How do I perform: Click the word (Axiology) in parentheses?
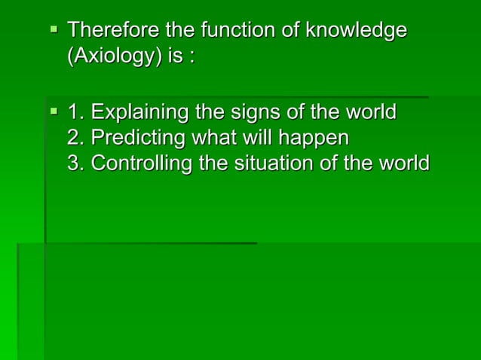pos(114,57)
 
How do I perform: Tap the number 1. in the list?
pos(76,114)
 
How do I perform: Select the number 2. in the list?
pos(76,139)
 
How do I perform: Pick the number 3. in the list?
pos(76,163)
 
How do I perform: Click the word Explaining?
pos(140,114)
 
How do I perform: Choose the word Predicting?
pos(136,139)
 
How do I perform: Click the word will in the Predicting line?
pos(256,139)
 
